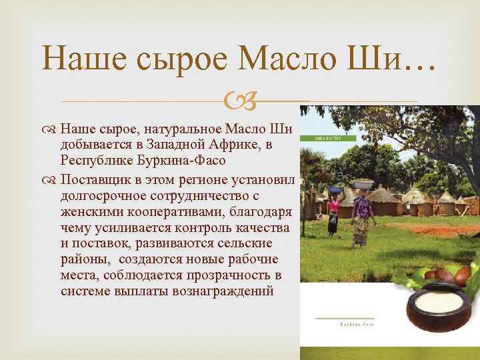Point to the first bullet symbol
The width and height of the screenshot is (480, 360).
[52, 129]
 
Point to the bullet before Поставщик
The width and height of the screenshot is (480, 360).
[52, 181]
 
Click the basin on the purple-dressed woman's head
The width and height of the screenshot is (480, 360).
[364, 185]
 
